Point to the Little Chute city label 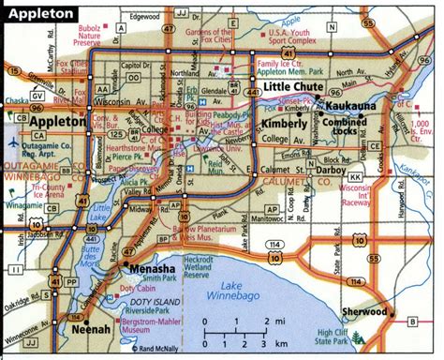pyautogui.click(x=289, y=87)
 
